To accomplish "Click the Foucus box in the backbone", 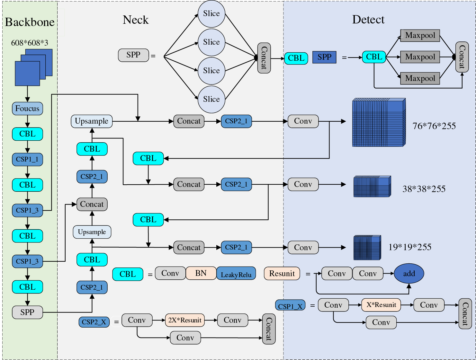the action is (x=27, y=108).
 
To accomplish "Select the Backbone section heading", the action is (x=30, y=22).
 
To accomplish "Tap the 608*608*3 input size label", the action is (x=30, y=43).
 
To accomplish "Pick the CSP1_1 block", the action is (x=27, y=159).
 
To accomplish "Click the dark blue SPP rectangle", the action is (x=324, y=57).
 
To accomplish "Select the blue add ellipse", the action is (x=409, y=273).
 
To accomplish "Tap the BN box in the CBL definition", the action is (x=201, y=273).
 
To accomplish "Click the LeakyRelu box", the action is (x=236, y=273).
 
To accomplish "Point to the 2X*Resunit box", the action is (x=185, y=320).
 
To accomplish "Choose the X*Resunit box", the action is (x=381, y=305).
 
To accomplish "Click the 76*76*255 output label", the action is (x=434, y=126).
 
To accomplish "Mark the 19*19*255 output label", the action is (x=410, y=247).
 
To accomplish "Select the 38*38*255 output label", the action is (x=424, y=189).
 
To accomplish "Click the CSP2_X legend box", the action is (x=94, y=322).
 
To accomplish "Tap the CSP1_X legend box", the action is (x=290, y=305).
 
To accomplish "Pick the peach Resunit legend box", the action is (x=282, y=273).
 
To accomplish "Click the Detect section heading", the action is (x=368, y=20).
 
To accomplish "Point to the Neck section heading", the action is (x=136, y=20).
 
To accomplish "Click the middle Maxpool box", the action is (x=420, y=57).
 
